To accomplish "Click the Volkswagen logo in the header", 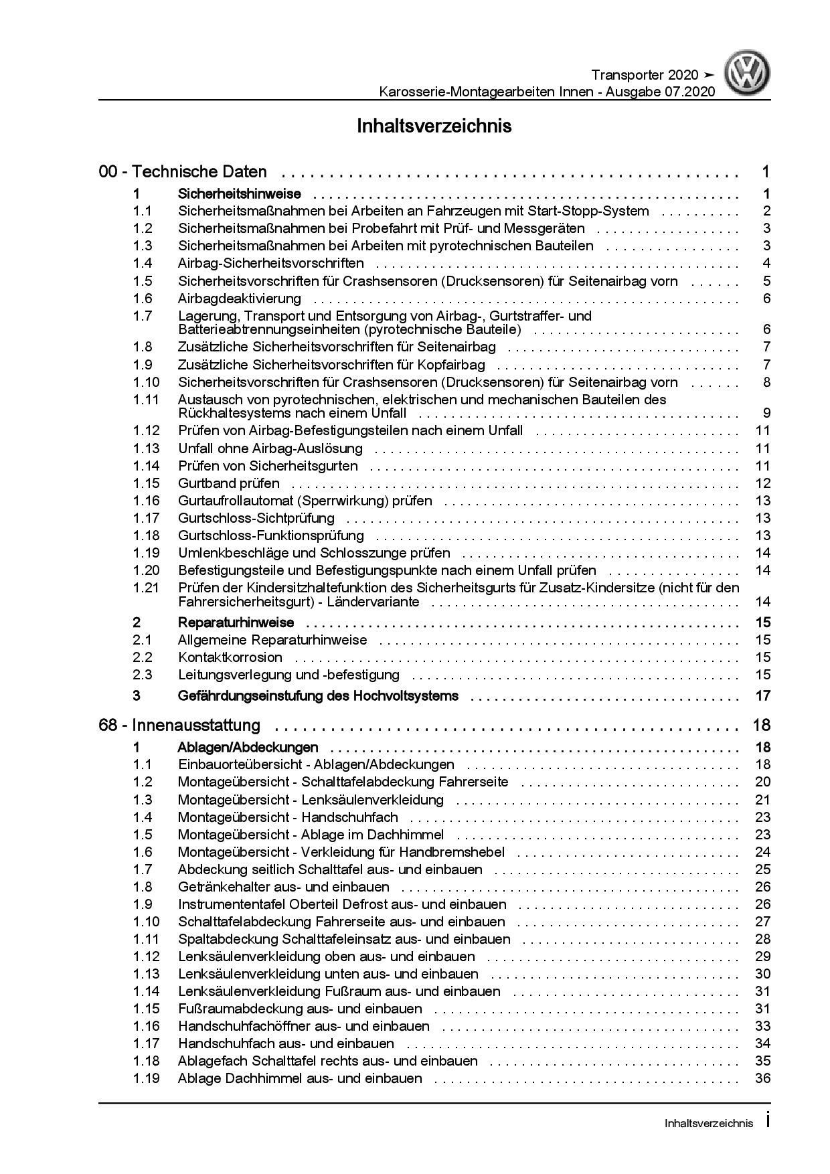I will pos(748,75).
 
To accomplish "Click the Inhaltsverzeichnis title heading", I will pos(434,126).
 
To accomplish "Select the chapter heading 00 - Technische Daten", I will pos(183,172).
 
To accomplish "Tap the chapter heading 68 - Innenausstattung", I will pos(179,725).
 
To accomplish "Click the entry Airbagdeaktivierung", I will pos(239,299).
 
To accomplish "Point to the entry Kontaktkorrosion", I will pos(230,657).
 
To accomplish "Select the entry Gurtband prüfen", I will pos(228,483).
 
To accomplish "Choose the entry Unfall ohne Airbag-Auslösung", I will pos(270,448).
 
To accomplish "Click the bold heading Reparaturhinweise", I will pos(236,622).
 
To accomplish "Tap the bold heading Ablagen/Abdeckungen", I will pos(248,748).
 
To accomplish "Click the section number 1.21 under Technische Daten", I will pos(146,588).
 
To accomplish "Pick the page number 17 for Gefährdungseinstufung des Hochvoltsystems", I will pos(763,696).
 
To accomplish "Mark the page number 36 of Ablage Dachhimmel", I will pos(763,1078).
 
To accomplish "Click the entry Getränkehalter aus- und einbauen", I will pos(283,887).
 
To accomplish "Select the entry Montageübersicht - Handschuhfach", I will pos(288,817).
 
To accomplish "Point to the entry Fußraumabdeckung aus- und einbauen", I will pos(300,1009).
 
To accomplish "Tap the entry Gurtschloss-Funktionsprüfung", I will pos(270,535).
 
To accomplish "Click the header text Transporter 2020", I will pos(645,75).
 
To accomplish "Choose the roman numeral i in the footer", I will pos(767,1122).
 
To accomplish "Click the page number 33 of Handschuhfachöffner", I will pos(763,1026).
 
